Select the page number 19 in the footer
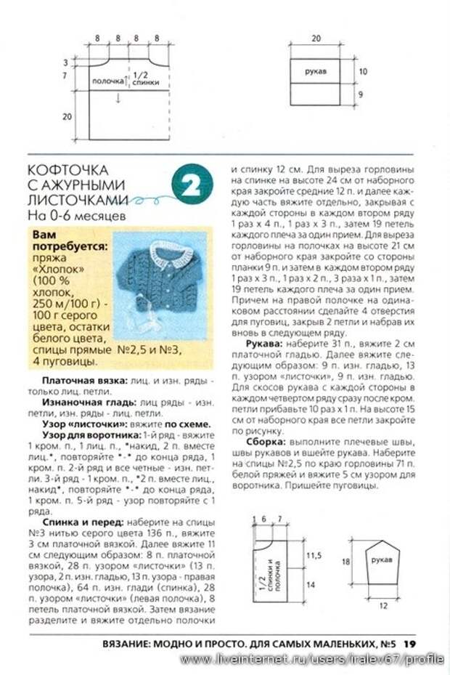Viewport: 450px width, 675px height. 410,642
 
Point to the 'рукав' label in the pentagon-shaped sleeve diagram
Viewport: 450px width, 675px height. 382,560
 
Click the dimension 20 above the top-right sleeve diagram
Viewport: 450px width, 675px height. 316,38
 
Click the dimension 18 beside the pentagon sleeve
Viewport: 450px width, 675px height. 345,562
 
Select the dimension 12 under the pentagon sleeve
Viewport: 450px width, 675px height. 384,605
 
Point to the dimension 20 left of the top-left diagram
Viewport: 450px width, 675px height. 67,116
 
